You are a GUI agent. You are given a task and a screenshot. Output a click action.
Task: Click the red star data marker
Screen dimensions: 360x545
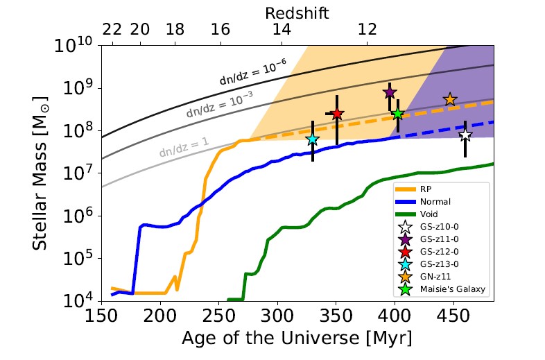pos(337,114)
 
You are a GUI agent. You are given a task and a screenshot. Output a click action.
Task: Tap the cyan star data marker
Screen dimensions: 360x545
pos(312,139)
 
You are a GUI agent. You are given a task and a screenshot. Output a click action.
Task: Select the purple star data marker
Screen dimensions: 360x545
pos(390,93)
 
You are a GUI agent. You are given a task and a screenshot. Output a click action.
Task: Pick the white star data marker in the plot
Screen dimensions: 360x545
pos(465,135)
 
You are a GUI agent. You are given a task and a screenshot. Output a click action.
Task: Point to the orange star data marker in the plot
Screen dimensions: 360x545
pos(449,100)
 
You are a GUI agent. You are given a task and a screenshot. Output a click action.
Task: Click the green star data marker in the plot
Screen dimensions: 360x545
pos(398,114)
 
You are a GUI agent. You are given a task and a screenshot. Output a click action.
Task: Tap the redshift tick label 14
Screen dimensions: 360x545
pos(282,31)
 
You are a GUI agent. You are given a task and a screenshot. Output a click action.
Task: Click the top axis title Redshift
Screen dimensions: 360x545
pos(297,12)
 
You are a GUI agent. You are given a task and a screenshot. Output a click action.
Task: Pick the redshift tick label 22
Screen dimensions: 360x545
pos(112,31)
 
